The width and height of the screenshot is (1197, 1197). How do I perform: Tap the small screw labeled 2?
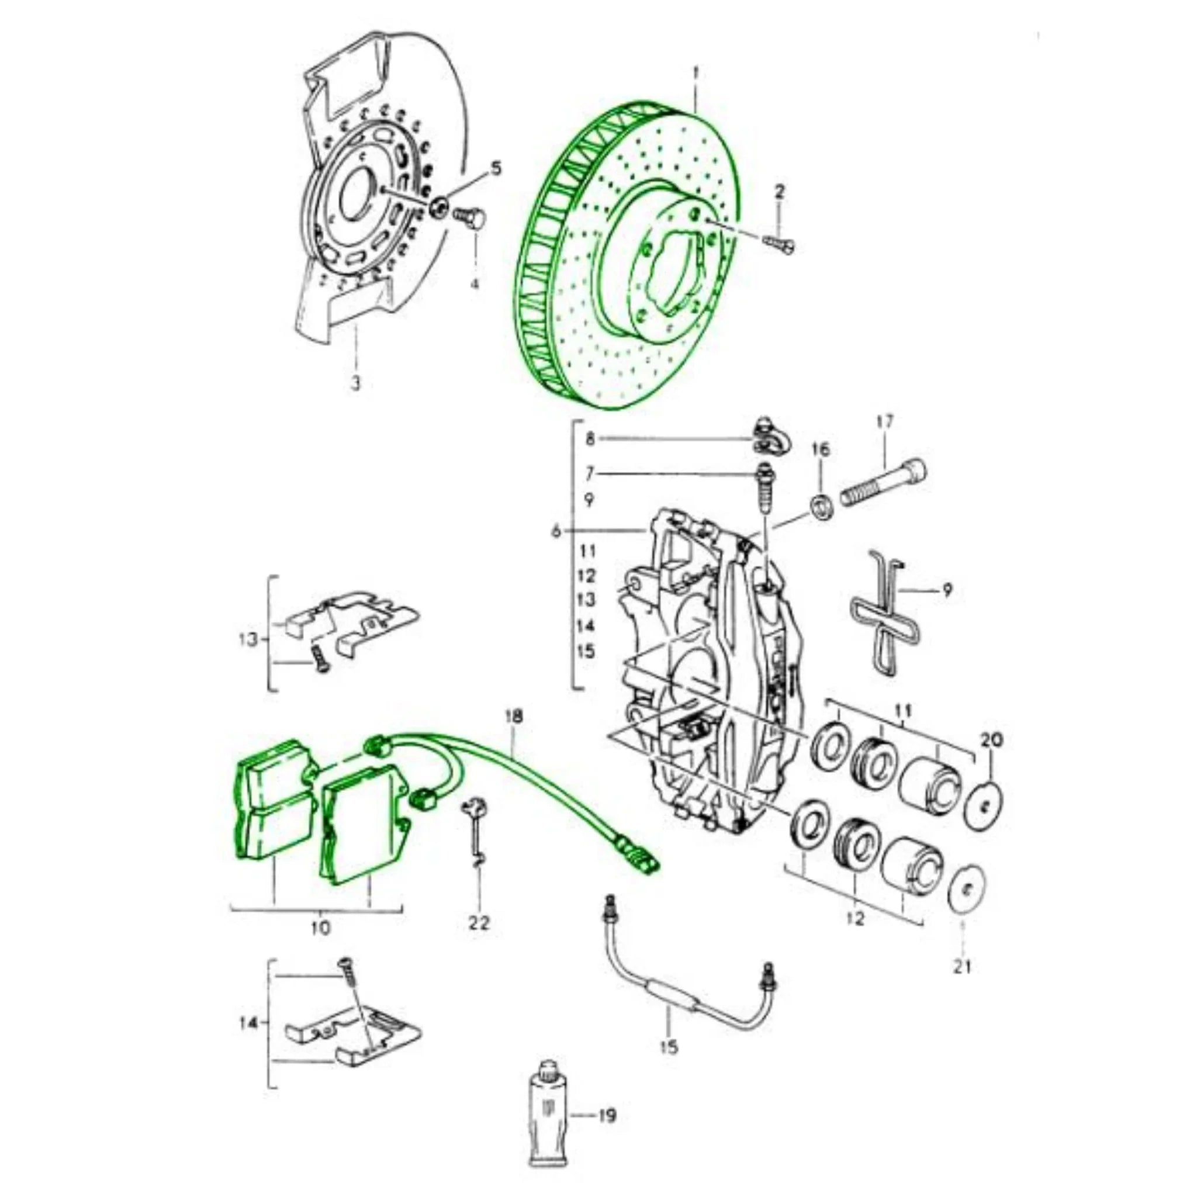[781, 244]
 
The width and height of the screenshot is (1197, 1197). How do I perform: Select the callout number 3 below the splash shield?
[355, 383]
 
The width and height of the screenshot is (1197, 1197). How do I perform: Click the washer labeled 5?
[440, 206]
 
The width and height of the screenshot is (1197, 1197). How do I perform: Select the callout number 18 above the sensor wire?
[514, 716]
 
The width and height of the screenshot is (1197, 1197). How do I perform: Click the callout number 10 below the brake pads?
[321, 928]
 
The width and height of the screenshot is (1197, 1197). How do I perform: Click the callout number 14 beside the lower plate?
[248, 1023]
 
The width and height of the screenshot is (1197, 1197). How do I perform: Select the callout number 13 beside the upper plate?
[248, 639]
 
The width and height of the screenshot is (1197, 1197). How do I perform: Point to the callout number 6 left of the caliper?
[556, 531]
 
